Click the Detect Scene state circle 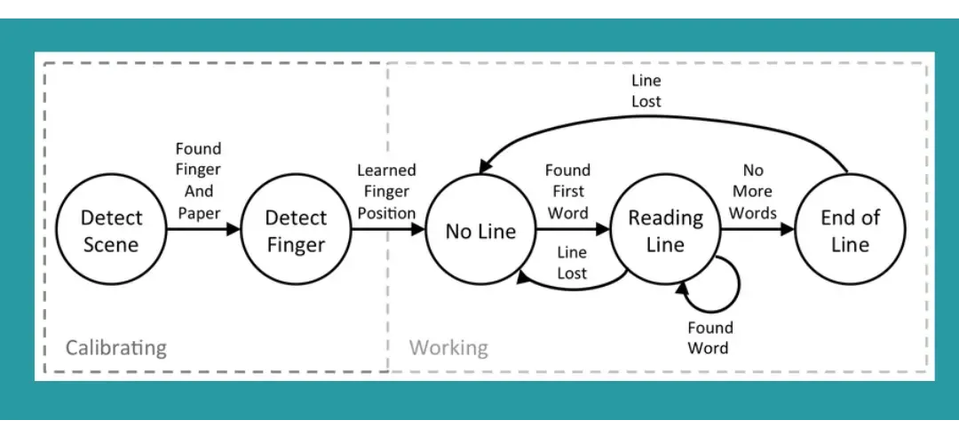tap(112, 230)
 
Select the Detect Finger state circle tap(296, 230)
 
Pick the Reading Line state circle tap(665, 231)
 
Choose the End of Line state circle tap(850, 231)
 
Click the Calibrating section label tap(115, 346)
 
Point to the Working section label tap(448, 346)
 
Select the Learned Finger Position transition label tap(386, 191)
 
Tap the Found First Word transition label tap(567, 191)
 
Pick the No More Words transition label tap(752, 191)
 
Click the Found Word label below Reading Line tap(709, 338)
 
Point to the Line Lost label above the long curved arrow tap(646, 91)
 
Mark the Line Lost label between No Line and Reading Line tap(572, 263)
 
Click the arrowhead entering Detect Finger tap(234, 230)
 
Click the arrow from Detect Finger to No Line tap(386, 230)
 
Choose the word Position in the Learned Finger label tap(386, 213)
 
